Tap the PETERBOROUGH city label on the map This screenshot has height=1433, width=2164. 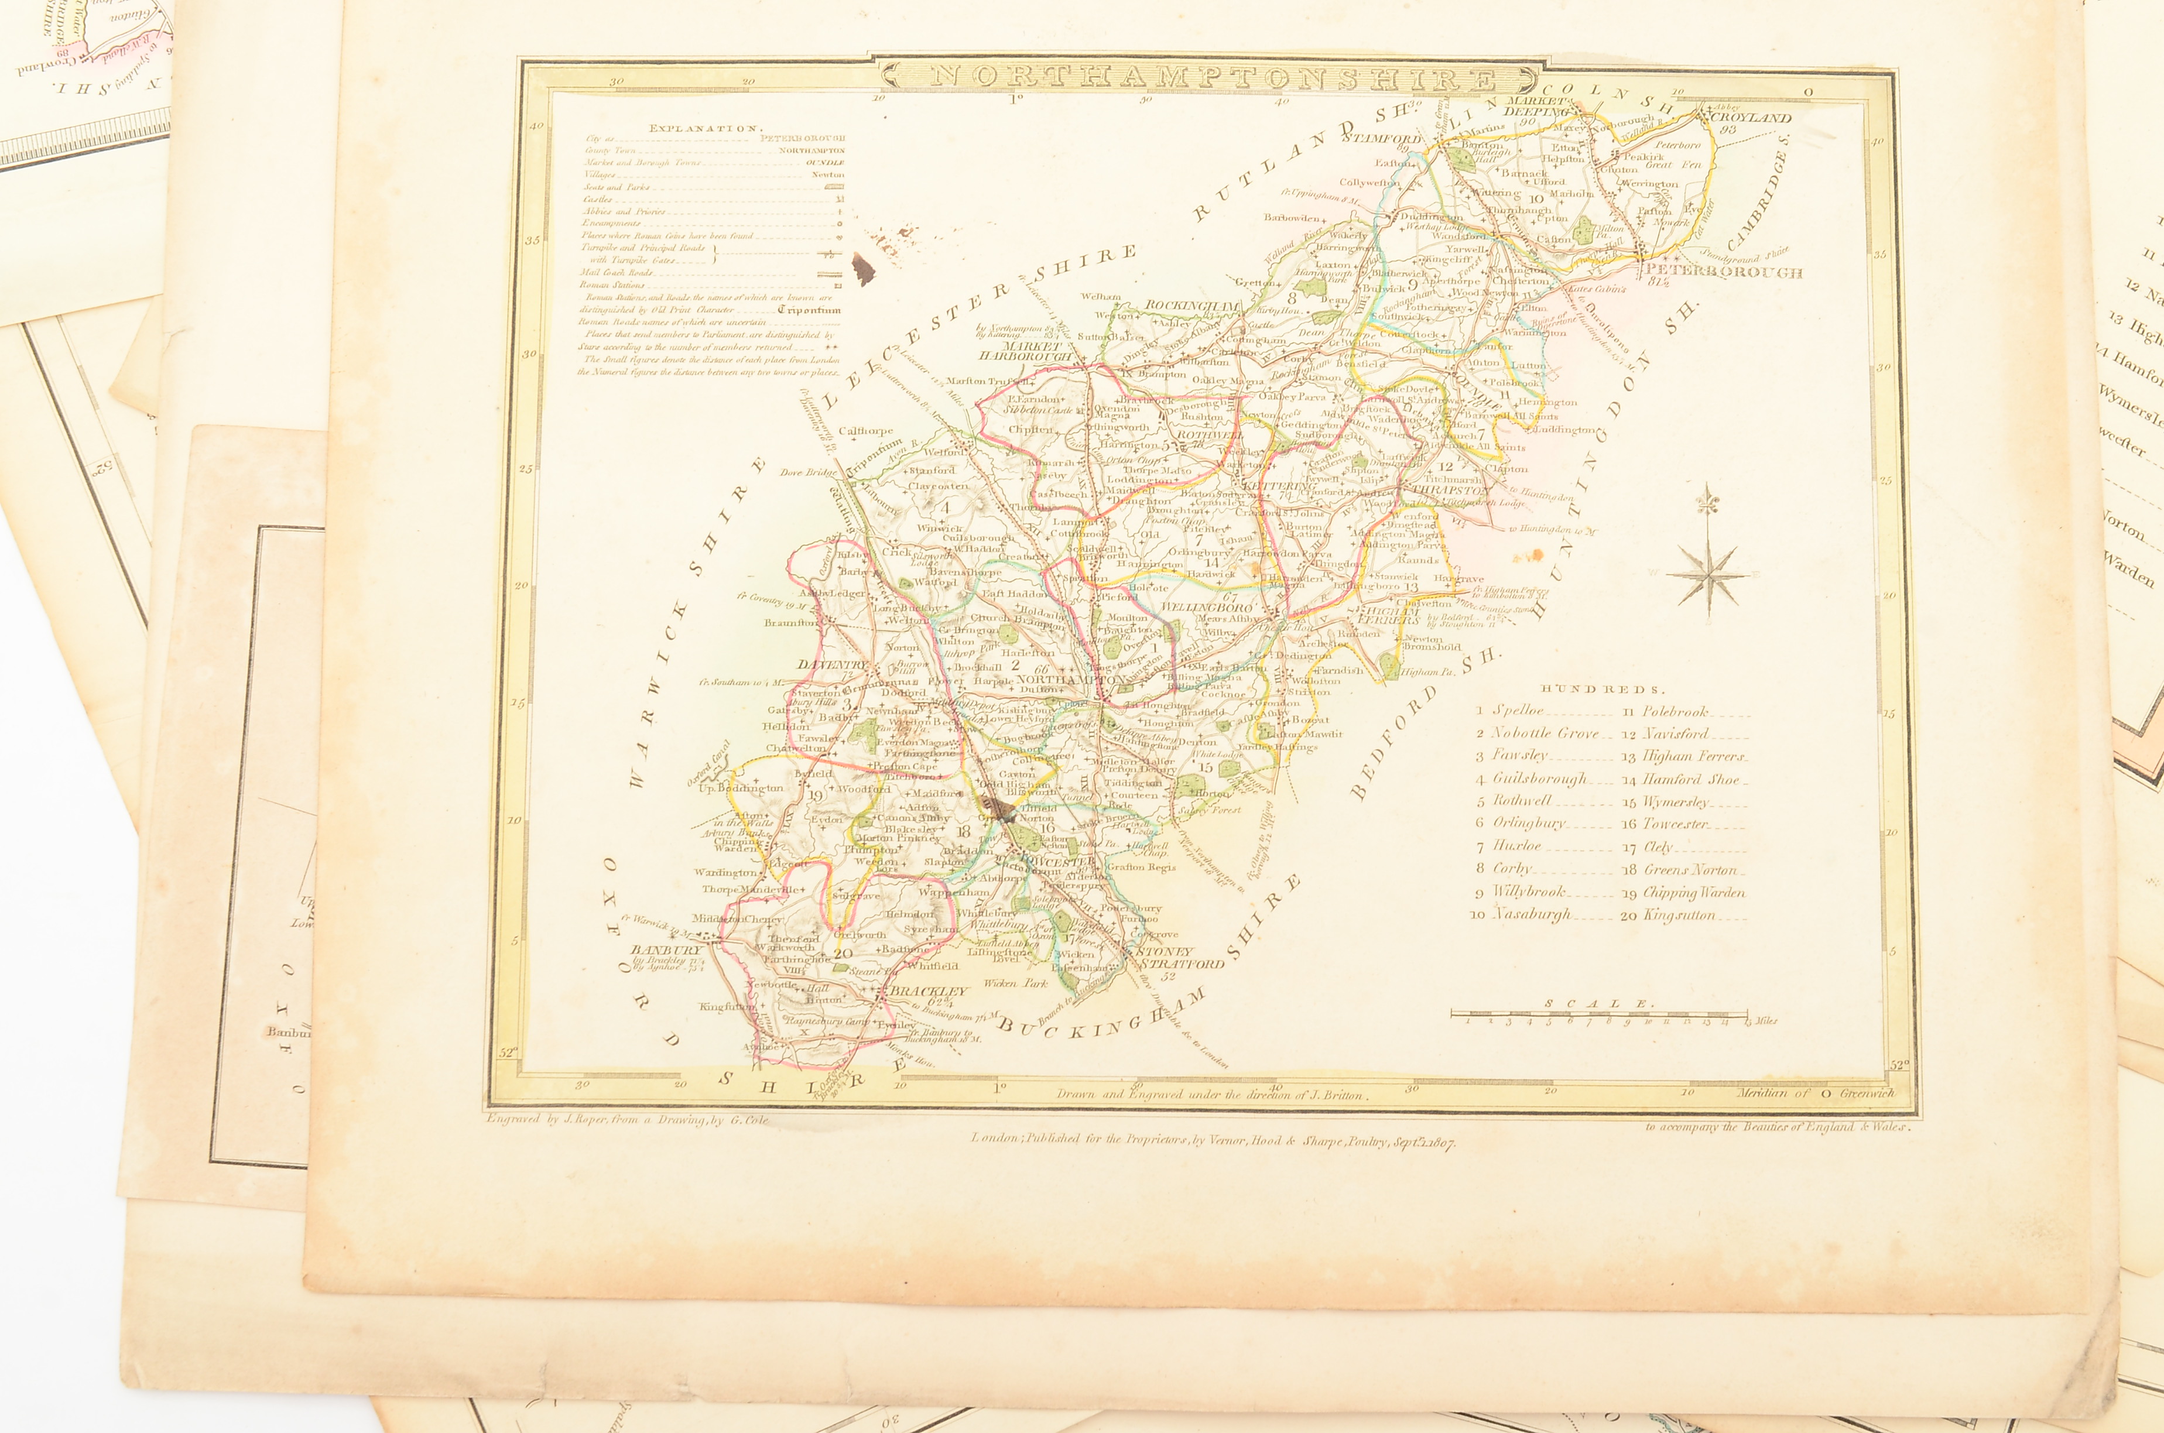1723,272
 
